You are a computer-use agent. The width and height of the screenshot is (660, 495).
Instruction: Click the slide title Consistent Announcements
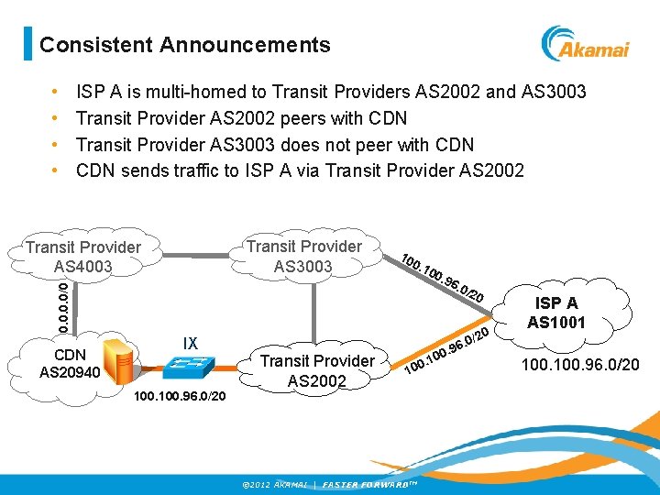[185, 44]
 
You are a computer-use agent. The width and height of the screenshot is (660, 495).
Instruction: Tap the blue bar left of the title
[27, 44]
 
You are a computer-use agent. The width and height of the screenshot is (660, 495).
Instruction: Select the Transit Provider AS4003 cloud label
[82, 257]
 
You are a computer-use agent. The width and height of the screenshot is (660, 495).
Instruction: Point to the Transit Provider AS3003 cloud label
[304, 256]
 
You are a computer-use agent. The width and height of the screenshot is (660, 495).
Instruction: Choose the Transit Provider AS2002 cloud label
[316, 370]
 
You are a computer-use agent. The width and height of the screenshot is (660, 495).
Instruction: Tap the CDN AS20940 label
[63, 363]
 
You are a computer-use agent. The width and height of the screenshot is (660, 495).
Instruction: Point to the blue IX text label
[190, 343]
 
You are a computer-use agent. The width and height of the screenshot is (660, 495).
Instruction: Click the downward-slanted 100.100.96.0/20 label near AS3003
[441, 276]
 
